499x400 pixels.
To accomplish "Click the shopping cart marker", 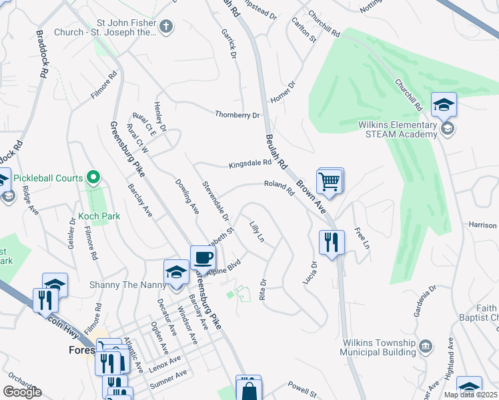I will (x=330, y=181).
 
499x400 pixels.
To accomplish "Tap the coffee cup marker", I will (x=203, y=258).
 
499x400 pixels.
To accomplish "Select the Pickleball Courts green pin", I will (x=94, y=178).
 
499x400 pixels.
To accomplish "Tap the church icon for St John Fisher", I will (x=166, y=27).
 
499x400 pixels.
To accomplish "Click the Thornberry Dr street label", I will (x=237, y=115).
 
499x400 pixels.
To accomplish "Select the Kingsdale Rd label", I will (x=250, y=163).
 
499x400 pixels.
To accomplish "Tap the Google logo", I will (x=23, y=392).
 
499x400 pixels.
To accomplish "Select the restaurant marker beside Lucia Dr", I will (x=332, y=244).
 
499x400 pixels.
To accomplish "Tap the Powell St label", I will (x=301, y=385).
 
